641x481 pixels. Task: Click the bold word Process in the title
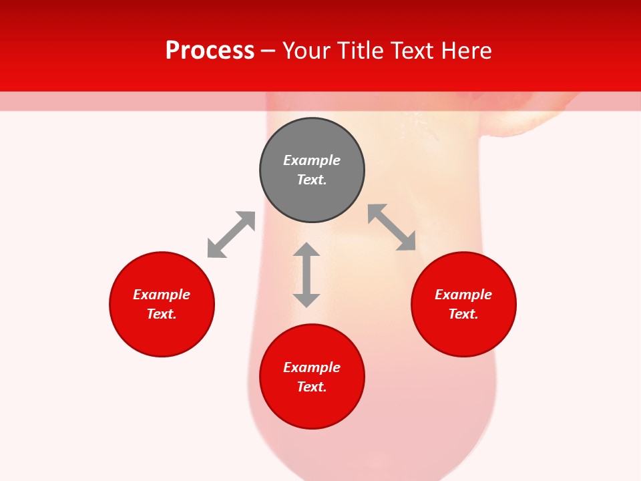[210, 51]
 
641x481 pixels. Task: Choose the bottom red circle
[312, 408]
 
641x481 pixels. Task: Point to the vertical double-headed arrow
[306, 275]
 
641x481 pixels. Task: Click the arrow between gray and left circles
[231, 234]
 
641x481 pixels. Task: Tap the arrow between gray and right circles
[392, 227]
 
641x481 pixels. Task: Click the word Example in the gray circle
[312, 160]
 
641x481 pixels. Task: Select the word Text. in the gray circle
[312, 180]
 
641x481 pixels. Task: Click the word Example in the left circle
[162, 295]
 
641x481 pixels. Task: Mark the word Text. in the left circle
[162, 314]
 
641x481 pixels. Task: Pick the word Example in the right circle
[463, 295]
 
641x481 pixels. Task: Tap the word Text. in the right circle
[463, 314]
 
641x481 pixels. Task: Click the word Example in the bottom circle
[312, 367]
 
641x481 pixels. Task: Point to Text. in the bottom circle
[312, 387]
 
